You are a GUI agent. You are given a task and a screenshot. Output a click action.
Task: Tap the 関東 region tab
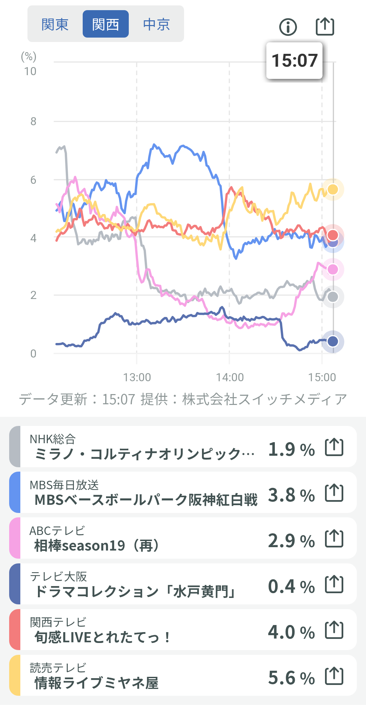tap(55, 24)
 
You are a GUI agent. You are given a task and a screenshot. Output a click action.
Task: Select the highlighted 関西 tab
tap(105, 24)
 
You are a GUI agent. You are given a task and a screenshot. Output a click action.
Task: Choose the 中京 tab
tap(156, 24)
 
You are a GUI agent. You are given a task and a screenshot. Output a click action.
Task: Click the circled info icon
tap(288, 27)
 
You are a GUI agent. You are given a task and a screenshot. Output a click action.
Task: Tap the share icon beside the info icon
tap(325, 26)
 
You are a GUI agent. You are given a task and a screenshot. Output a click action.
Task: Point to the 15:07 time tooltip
tap(294, 61)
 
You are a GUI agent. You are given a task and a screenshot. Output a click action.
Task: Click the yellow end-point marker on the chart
tap(333, 189)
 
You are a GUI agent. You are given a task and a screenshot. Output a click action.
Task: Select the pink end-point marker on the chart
tap(333, 270)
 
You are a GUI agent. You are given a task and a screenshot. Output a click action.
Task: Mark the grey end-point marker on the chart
tap(333, 297)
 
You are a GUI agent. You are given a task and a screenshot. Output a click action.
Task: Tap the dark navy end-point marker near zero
tap(333, 341)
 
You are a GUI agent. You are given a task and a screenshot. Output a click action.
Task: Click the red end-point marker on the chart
tap(333, 235)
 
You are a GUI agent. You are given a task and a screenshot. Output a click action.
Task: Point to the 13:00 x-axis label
tap(137, 377)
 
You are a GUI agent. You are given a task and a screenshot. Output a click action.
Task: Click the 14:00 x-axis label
tap(230, 377)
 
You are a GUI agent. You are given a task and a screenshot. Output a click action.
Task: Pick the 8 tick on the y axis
tap(33, 121)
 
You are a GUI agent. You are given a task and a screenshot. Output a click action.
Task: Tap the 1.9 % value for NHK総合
tap(291, 449)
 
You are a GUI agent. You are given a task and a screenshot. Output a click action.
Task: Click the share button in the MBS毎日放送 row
tap(334, 493)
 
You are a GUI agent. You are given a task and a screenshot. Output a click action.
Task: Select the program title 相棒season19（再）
tap(97, 545)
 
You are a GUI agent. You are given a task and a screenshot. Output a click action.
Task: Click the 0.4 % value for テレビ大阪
tap(291, 586)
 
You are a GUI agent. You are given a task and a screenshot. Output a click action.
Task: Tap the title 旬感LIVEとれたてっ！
tap(102, 637)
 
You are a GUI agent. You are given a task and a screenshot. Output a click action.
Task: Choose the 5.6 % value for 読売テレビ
tap(291, 678)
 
